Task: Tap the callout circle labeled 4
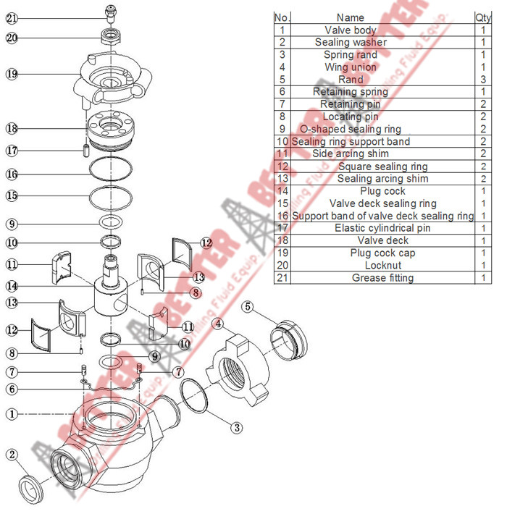tap(218, 323)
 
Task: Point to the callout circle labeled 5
tap(248, 307)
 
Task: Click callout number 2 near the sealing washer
tap(12, 455)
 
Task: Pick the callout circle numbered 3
tap(237, 427)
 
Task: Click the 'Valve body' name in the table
tap(351, 30)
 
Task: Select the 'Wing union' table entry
tap(351, 67)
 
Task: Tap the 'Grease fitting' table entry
tap(382, 277)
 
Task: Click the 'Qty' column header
tap(482, 17)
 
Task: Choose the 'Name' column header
tap(351, 17)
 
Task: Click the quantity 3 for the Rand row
tap(482, 80)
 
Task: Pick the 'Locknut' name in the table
tap(382, 265)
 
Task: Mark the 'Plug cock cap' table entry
tap(382, 253)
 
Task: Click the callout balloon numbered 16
tap(12, 174)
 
